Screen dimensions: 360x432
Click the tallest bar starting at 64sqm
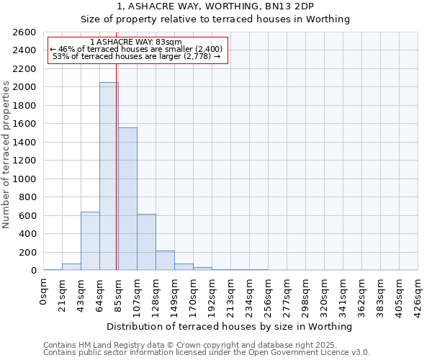pyautogui.click(x=109, y=176)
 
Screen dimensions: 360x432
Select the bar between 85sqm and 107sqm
pyautogui.click(x=127, y=199)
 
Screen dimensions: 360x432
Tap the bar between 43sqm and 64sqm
pyautogui.click(x=90, y=241)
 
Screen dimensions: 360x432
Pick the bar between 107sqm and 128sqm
pyautogui.click(x=146, y=242)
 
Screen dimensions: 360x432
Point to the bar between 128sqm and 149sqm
pyautogui.click(x=165, y=261)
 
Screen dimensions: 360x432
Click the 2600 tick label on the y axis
pyautogui.click(x=24, y=32)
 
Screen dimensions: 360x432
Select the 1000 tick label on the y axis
pyautogui.click(x=24, y=179)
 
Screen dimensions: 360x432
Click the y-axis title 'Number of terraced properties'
pyautogui.click(x=6, y=155)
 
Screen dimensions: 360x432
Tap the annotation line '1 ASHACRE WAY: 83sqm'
pyautogui.click(x=136, y=42)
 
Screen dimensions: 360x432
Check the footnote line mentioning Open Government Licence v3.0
pyautogui.click(x=207, y=353)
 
